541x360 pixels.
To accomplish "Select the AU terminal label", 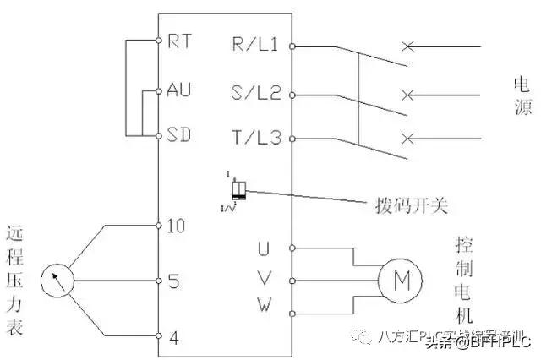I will (x=179, y=89).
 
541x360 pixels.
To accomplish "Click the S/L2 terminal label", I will (x=255, y=92).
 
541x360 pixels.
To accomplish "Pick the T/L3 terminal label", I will (x=255, y=139).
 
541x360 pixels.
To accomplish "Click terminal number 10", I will (x=177, y=226).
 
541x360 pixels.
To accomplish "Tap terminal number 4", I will (x=173, y=335).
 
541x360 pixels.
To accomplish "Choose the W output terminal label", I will (x=263, y=305).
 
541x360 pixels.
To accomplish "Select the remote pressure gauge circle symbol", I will (x=57, y=280).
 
